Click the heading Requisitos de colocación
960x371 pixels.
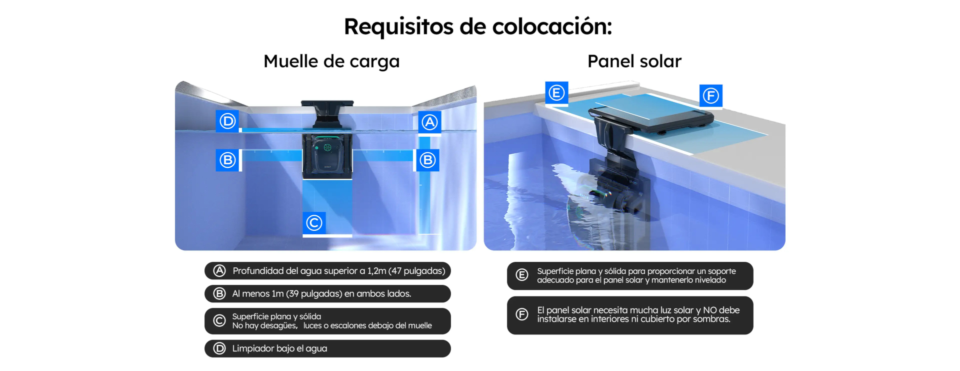(477, 27)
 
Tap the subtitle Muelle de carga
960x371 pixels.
(331, 62)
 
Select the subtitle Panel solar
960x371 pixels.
(634, 61)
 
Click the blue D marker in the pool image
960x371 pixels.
(227, 121)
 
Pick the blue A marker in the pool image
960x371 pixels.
(429, 122)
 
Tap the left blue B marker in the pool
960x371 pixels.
(227, 160)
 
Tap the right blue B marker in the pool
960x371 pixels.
(427, 160)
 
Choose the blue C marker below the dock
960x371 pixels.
(314, 223)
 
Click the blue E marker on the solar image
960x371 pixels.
(556, 93)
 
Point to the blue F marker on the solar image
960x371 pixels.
(710, 96)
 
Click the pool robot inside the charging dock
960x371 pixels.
(327, 155)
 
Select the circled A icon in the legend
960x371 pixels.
(219, 271)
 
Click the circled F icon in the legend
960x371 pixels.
(522, 314)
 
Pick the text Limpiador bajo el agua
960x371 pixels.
(279, 348)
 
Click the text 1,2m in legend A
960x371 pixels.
(376, 271)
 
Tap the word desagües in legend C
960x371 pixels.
(277, 326)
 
